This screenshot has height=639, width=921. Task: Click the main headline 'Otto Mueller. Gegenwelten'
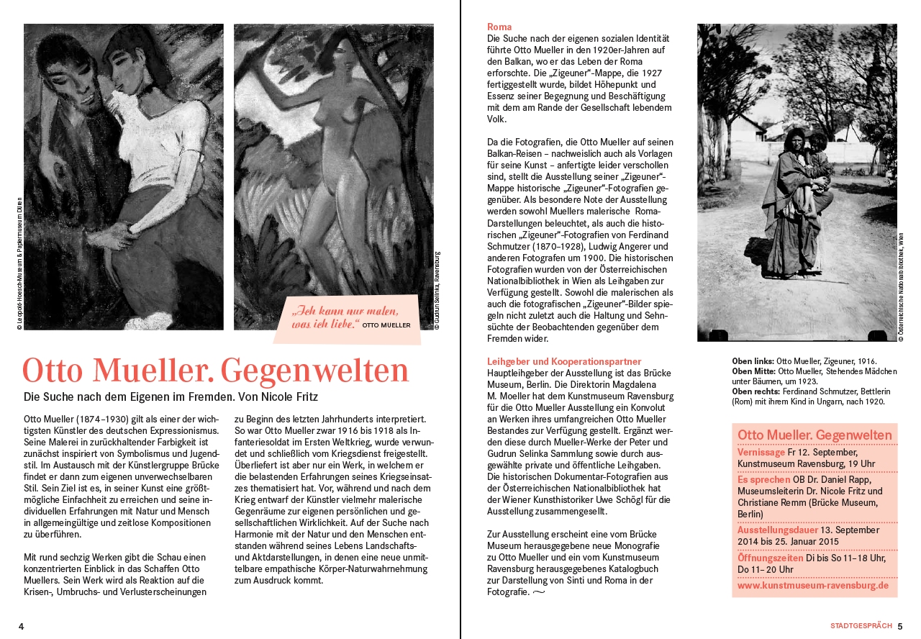[x=215, y=371]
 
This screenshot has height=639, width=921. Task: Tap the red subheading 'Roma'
[x=499, y=27]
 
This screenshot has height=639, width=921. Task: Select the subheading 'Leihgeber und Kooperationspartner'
[x=564, y=361]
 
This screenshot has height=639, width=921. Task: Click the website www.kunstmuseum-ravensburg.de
[x=813, y=586]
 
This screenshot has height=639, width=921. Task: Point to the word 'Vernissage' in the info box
[x=761, y=453]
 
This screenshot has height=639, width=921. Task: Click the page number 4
[x=21, y=626]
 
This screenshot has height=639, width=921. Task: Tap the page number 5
[x=899, y=626]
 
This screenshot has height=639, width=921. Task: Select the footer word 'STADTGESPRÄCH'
[x=861, y=626]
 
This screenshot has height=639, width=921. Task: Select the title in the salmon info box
[x=815, y=435]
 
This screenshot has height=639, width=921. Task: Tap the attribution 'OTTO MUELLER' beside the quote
[x=386, y=325]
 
